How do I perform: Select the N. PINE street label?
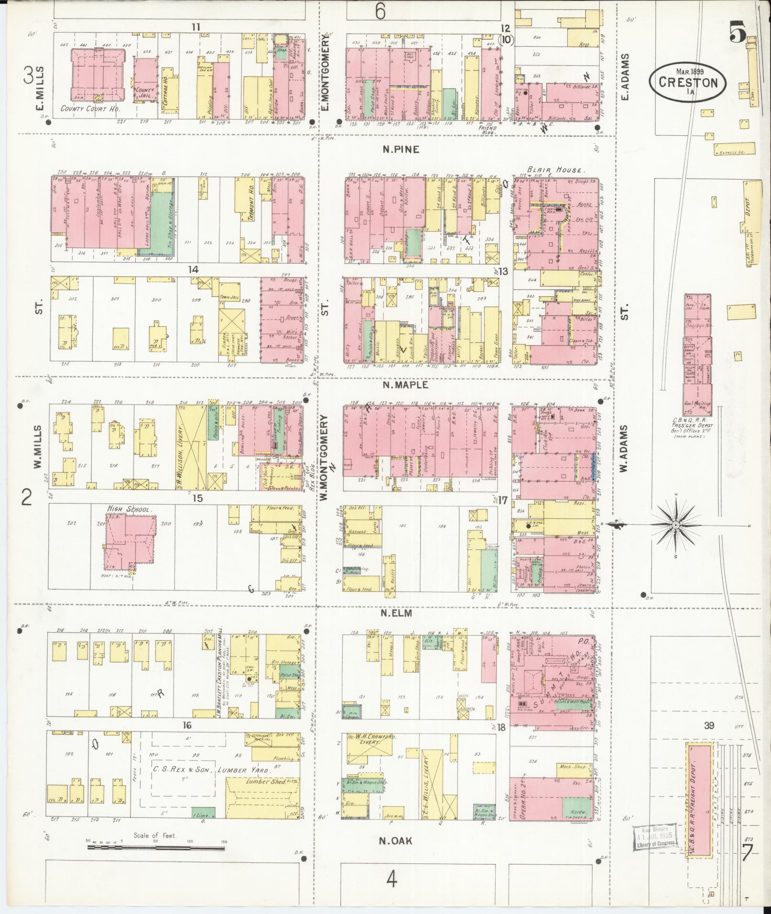pyautogui.click(x=401, y=150)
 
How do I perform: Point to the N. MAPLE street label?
pyautogui.click(x=404, y=384)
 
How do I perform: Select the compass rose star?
pyautogui.click(x=675, y=526)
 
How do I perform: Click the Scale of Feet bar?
pyautogui.click(x=156, y=848)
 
